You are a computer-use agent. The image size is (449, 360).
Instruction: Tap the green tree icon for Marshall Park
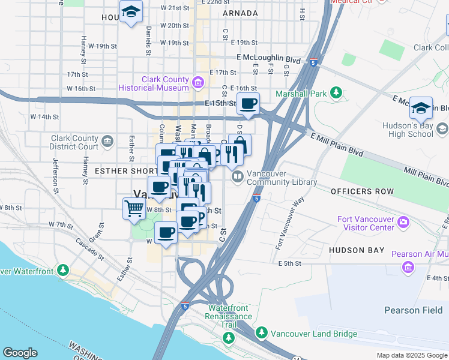tap(337, 93)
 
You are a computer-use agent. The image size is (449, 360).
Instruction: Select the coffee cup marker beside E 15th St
tap(247, 104)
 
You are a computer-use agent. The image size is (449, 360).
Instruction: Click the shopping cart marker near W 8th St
tap(134, 209)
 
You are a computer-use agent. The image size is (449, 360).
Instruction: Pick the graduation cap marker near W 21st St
tap(131, 12)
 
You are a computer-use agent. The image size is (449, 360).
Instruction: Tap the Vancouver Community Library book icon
tap(237, 176)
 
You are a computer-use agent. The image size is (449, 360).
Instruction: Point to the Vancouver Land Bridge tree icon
tap(261, 333)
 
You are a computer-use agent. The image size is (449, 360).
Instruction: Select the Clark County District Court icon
tap(107, 142)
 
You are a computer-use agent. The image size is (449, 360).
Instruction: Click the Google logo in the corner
tap(20, 353)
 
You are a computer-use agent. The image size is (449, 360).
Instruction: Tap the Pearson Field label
tap(413, 310)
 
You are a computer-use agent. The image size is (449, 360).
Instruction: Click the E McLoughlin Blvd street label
tap(267, 60)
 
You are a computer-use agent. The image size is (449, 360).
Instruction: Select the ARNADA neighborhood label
tap(240, 13)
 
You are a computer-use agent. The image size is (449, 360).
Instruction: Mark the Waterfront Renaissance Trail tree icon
tap(228, 338)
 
